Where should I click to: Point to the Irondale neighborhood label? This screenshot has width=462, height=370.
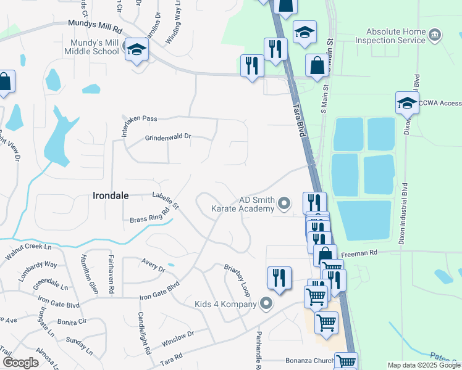click(111, 195)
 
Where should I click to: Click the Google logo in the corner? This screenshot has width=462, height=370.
click(20, 362)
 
